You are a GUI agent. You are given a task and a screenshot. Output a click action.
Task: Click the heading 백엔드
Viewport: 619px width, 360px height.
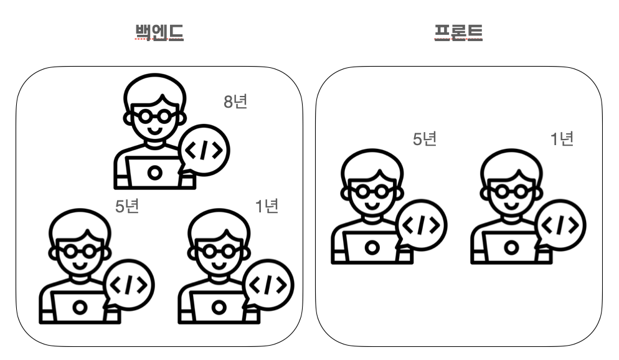159,32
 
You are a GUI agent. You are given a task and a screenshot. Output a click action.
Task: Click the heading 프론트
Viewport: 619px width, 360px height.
458,32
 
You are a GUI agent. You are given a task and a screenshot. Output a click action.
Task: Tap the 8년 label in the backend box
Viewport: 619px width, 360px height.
235,102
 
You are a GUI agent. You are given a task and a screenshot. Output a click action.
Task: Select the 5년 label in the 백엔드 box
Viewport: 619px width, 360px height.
127,206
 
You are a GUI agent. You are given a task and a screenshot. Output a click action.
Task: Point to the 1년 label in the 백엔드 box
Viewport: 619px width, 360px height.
267,206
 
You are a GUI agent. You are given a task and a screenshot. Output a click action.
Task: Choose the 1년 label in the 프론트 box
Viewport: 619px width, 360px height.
561,139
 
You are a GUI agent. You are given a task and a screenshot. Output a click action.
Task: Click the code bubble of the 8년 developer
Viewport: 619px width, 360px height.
204,150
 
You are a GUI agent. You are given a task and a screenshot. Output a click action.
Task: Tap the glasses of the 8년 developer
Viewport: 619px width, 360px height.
154,116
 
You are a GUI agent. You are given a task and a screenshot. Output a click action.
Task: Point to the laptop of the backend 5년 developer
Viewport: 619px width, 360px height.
79,306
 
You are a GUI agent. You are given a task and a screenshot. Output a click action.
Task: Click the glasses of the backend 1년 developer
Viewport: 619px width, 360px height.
218,250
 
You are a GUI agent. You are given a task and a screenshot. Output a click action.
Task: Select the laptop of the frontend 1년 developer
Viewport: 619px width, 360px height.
511,247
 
